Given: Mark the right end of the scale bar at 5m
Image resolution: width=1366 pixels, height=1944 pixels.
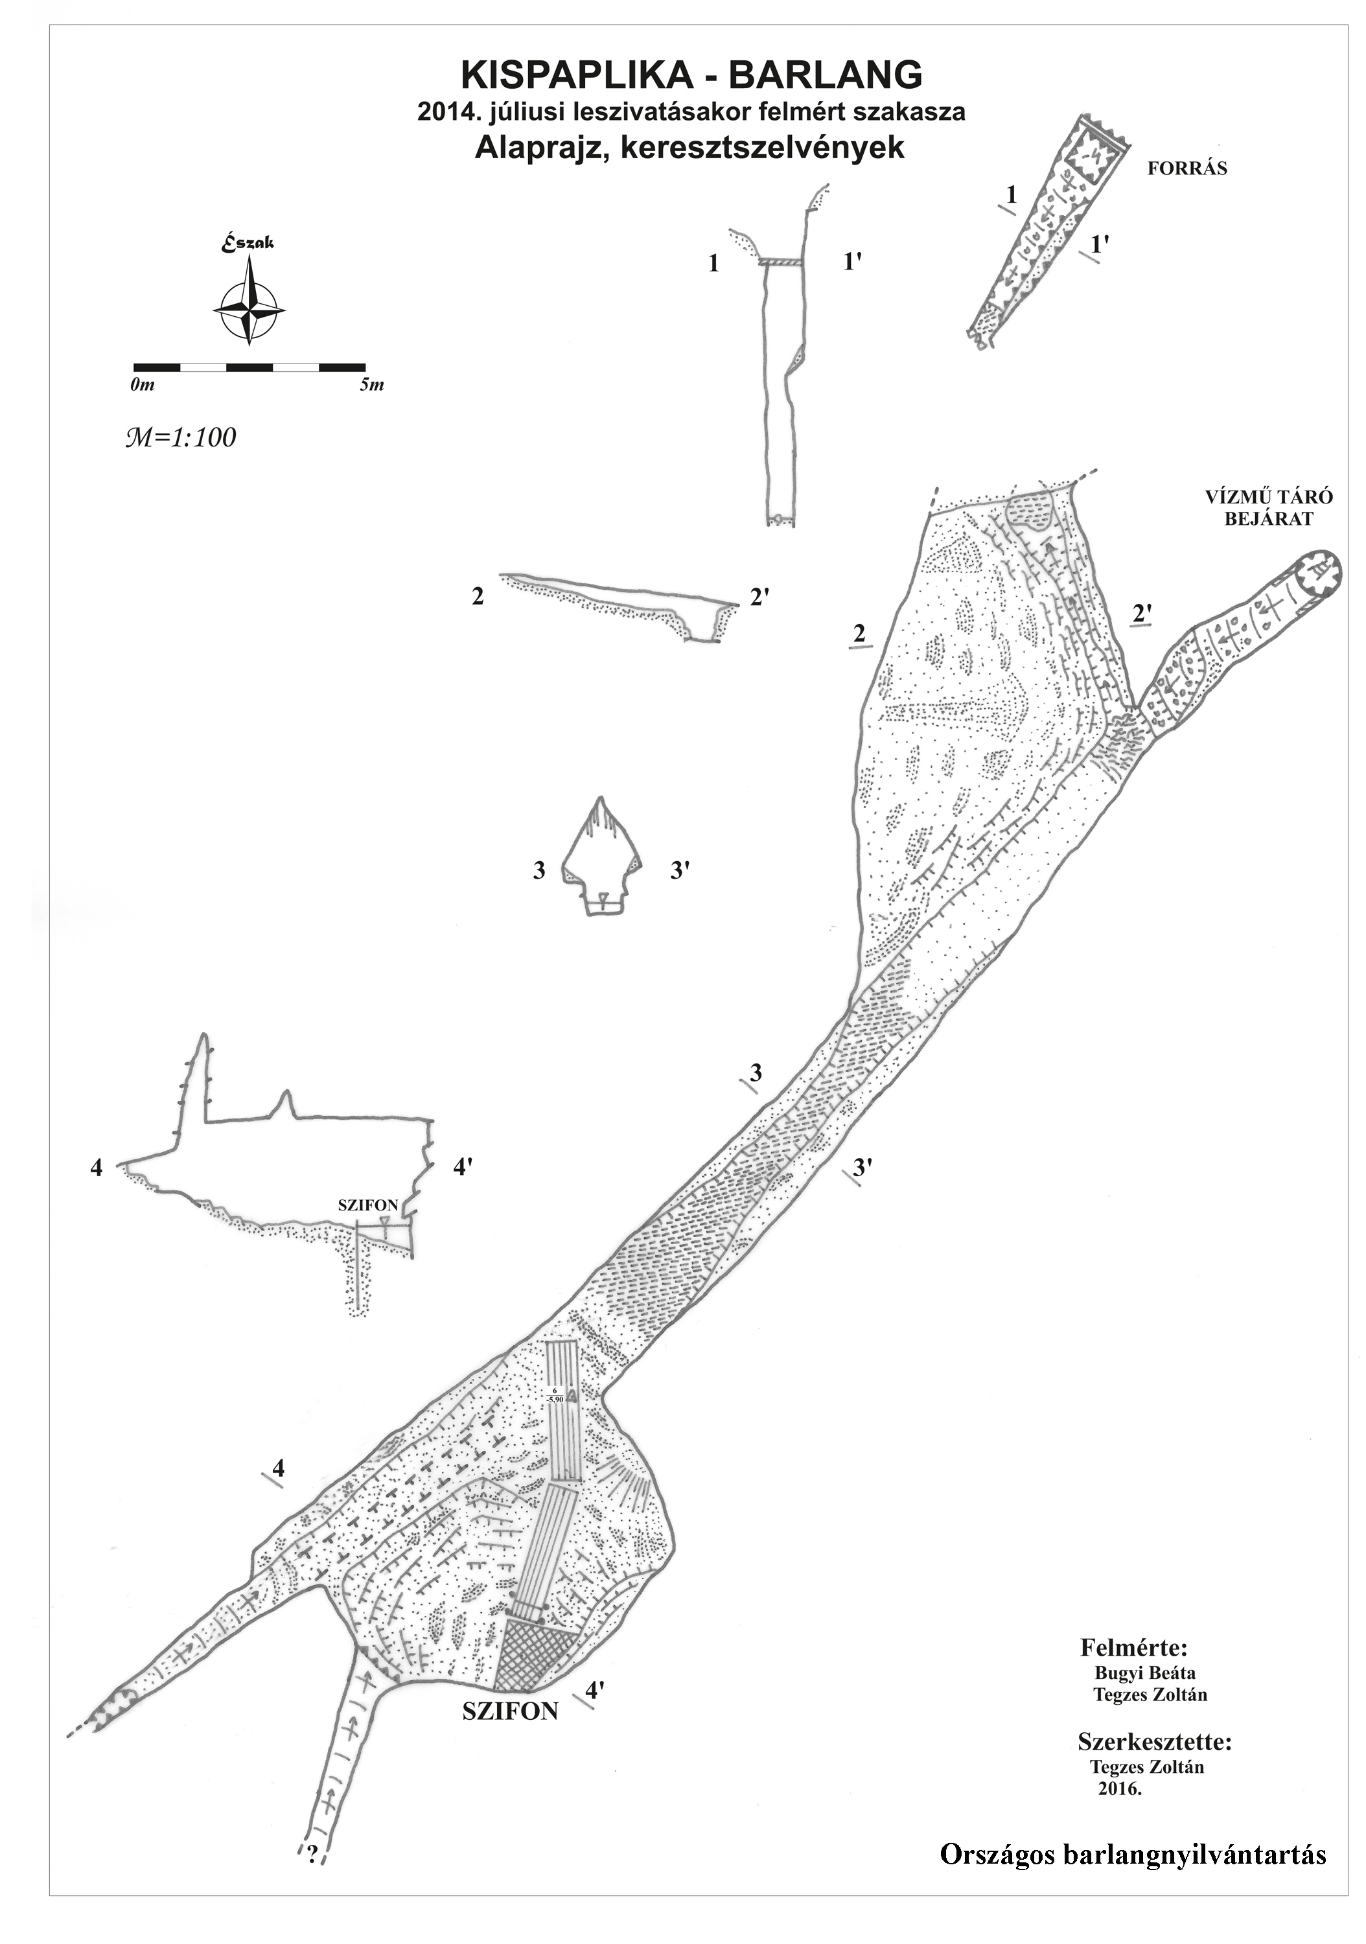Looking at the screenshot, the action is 365,367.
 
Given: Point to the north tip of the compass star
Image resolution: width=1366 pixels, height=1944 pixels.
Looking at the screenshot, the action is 249,257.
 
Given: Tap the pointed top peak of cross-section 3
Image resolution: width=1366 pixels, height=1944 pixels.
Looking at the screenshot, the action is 601,798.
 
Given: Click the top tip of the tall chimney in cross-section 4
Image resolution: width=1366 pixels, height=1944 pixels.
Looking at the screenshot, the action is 203,1035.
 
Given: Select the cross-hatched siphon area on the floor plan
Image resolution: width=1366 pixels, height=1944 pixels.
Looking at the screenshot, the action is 533,1650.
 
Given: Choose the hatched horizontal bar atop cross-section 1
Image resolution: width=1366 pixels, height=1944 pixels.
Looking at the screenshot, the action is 780,262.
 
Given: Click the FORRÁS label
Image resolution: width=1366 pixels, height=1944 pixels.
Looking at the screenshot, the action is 1187,168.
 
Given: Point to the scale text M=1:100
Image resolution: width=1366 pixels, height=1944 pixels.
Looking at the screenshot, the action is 180,437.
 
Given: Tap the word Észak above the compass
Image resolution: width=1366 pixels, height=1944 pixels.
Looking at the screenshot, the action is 248,242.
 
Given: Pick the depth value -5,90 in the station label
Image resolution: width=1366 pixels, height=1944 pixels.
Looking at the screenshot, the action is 555,1400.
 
